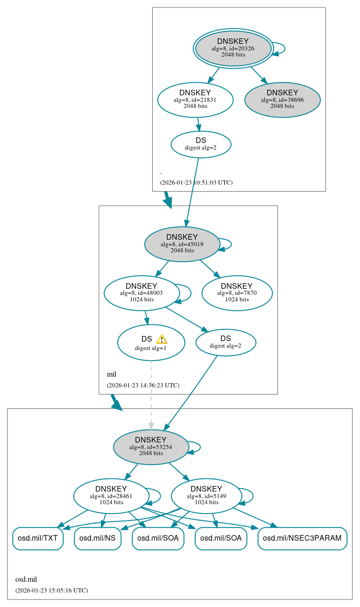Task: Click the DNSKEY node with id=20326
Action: (x=233, y=48)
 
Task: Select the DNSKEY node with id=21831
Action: (x=195, y=99)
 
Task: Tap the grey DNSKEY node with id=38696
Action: (x=282, y=100)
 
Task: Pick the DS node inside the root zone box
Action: (x=201, y=144)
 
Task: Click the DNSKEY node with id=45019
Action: (x=182, y=244)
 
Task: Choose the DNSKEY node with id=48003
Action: (x=141, y=293)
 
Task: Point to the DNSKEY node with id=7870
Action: (x=237, y=293)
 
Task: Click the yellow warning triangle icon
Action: (x=162, y=339)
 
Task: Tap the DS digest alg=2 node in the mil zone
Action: (x=226, y=342)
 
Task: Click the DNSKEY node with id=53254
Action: (x=151, y=447)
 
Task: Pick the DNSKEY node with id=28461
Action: (x=111, y=496)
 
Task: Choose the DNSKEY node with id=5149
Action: (x=206, y=496)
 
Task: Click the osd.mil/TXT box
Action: (x=37, y=538)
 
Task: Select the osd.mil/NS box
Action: (x=98, y=538)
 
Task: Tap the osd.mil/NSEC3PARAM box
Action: (x=302, y=538)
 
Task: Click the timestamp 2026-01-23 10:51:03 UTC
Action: (x=196, y=183)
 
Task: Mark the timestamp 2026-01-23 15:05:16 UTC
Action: (x=51, y=591)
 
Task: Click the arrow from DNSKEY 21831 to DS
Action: (x=198, y=124)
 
